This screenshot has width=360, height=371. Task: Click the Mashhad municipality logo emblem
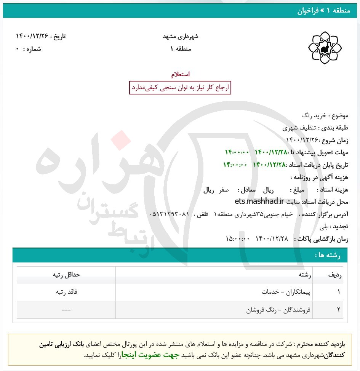pos(325,48)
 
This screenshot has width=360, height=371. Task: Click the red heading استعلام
pos(180,74)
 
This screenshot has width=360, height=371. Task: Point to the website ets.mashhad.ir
pos(260,201)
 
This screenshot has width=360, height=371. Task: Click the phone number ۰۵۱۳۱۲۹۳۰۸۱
pos(169,214)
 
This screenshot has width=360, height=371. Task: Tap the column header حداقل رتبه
pos(66,275)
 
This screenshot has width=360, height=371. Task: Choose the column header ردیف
pos(334,275)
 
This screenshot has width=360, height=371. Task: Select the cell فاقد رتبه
pos(66,292)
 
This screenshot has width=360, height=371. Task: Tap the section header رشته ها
pos(327,255)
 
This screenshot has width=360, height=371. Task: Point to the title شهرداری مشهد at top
pos(180,37)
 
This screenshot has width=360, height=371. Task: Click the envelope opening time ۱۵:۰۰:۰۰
pos(237,239)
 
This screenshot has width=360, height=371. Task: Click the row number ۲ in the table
pos(338,310)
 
